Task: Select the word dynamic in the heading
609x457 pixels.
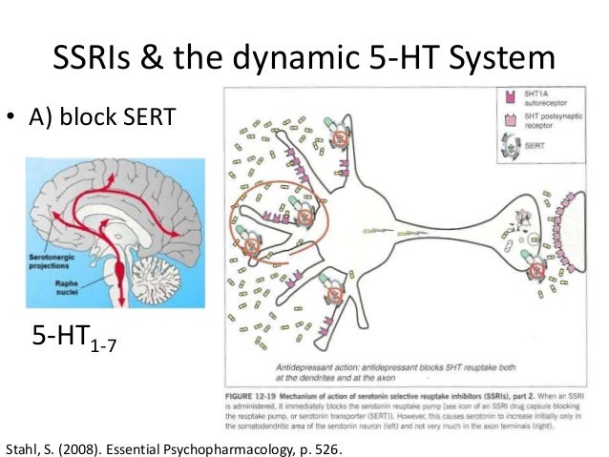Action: tap(284, 59)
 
